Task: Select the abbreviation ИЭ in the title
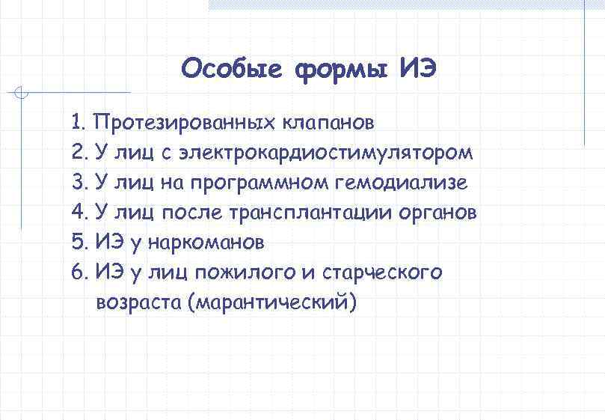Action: point(417,70)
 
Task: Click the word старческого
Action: point(382,273)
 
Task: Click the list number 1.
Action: point(79,122)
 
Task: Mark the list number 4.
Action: point(79,213)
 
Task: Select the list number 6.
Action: point(79,273)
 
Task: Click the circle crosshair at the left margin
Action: point(22,94)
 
